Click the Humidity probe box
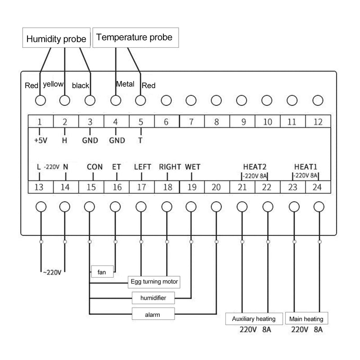(x=56, y=39)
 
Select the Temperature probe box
(x=135, y=37)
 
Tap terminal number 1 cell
(x=40, y=121)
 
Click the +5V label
(x=40, y=140)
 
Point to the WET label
(x=193, y=166)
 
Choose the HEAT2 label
(x=254, y=166)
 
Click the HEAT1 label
(x=306, y=166)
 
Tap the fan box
(x=102, y=272)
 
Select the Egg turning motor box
(x=154, y=282)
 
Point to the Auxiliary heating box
(x=254, y=319)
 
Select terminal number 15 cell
(x=90, y=187)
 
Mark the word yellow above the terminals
(x=53, y=84)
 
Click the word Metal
(x=125, y=84)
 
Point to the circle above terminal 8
(x=216, y=100)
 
